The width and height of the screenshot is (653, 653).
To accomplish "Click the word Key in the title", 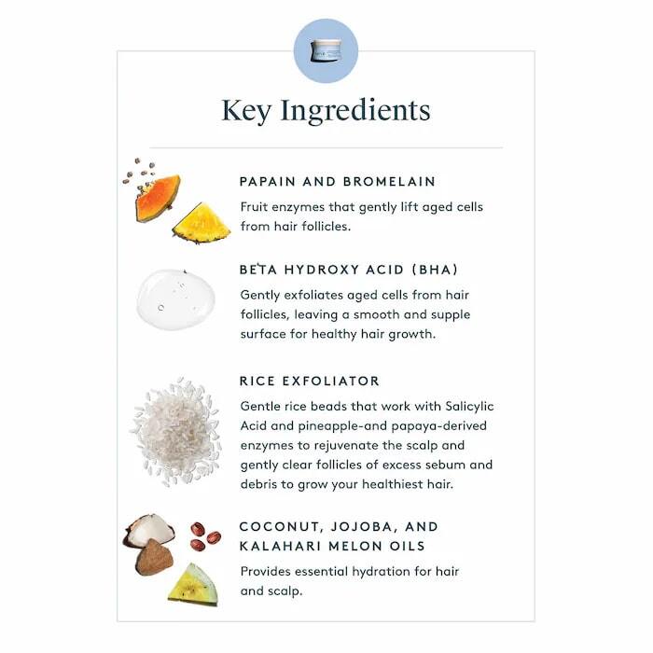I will point(247,110).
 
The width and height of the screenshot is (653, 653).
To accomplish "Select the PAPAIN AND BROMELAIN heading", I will point(337,181).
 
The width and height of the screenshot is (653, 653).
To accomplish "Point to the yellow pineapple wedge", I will point(201,224).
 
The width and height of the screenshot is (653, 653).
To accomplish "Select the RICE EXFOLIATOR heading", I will point(309,382).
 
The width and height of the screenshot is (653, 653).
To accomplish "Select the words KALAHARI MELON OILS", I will point(332,546).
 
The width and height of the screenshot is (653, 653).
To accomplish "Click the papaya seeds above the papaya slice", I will point(141,172).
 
